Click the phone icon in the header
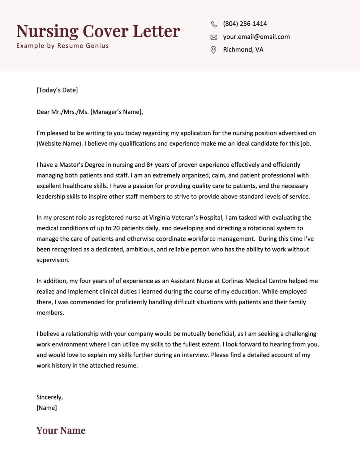coord(214,24)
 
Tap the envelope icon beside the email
coord(214,37)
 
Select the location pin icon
coord(214,50)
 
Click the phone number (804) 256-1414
coord(245,24)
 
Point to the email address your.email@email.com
coord(256,37)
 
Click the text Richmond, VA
coord(243,50)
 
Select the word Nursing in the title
coord(47,32)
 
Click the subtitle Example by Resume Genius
coord(63,46)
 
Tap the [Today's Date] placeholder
coord(57,90)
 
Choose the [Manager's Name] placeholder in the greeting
coord(116,112)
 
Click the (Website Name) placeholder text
coord(59,144)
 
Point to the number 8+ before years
coord(150,165)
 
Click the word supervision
coord(53,260)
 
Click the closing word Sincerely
coord(49,397)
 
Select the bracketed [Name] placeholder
coord(47,408)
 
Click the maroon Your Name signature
coord(61,431)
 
